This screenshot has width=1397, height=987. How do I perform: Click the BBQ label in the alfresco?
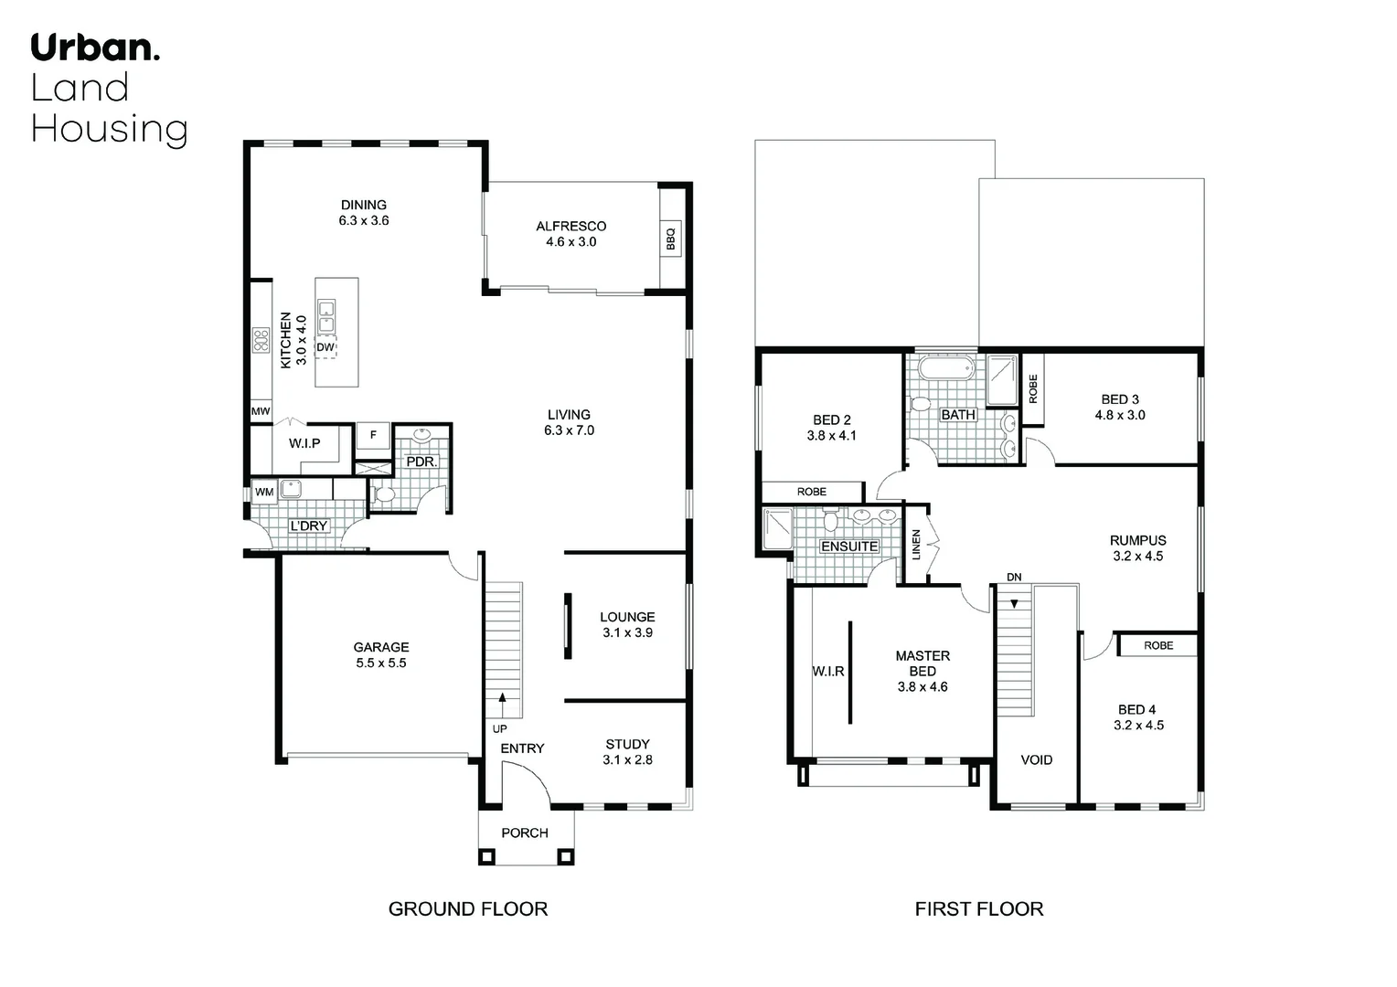tap(670, 239)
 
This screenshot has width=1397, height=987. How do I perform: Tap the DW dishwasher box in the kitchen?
tap(325, 347)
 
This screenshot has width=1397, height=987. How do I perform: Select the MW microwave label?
tap(261, 412)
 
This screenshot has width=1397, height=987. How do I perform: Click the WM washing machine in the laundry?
tap(264, 492)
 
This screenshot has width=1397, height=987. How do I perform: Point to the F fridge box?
tap(373, 436)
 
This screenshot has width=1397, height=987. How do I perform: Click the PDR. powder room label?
tap(421, 462)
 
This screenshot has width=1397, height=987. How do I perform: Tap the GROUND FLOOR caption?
tap(467, 908)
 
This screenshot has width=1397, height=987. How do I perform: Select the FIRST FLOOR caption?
tap(978, 908)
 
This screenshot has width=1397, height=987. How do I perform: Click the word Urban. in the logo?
tap(95, 48)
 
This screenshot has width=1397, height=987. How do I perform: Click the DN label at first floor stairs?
tap(1014, 578)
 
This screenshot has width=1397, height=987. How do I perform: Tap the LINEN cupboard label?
tap(916, 545)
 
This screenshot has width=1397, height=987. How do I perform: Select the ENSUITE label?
tap(848, 547)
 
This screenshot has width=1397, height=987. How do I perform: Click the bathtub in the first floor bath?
tap(947, 370)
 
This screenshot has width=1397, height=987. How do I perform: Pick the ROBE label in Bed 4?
tap(1158, 645)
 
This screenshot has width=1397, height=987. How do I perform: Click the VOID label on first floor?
tap(1036, 759)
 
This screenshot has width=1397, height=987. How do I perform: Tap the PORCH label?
tap(525, 833)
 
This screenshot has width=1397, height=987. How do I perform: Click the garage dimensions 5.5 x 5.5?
tap(381, 663)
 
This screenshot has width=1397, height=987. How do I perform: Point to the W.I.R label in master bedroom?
tap(828, 671)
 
